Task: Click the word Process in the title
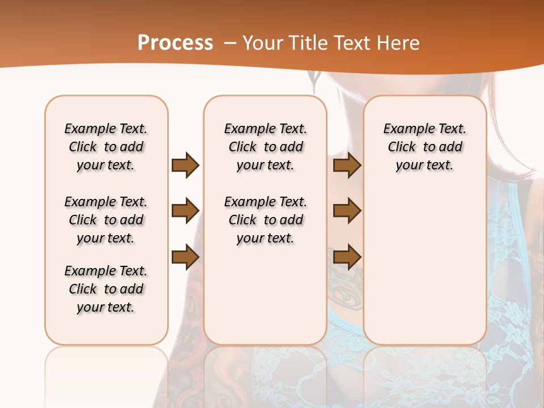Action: coord(175,42)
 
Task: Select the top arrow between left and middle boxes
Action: coord(185,165)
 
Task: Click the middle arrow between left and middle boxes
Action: coord(185,211)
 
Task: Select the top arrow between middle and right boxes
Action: coord(347,165)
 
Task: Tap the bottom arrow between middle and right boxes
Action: coord(347,257)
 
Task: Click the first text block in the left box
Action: coord(106,147)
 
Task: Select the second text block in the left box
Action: coord(106,220)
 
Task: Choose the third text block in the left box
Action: coord(106,289)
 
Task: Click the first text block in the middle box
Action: coord(265,147)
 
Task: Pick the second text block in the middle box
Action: coord(265,220)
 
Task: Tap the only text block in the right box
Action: coord(424,147)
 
